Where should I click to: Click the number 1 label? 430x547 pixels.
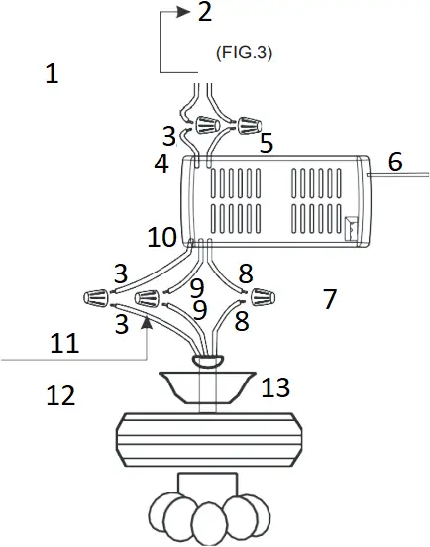tap(53, 74)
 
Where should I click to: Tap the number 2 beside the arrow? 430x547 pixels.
tap(204, 13)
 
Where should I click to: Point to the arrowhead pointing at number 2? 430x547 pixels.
tap(182, 12)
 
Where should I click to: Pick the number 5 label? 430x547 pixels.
tap(266, 144)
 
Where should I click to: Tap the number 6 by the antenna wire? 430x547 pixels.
tap(395, 163)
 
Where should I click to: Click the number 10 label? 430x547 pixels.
tap(162, 239)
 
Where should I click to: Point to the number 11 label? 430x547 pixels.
tap(64, 342)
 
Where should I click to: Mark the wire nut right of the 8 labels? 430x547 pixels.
tap(263, 295)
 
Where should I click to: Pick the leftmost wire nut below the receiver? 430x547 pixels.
tap(96, 296)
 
